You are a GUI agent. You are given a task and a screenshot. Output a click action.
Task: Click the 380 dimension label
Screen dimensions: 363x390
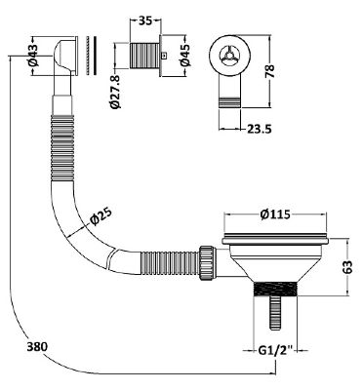pos(37,346)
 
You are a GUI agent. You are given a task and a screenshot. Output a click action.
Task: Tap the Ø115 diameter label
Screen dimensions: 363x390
pos(275,214)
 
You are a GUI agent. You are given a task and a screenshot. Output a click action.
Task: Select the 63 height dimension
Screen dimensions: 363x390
pos(347,267)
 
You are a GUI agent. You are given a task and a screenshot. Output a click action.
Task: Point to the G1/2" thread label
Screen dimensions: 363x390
pos(276,351)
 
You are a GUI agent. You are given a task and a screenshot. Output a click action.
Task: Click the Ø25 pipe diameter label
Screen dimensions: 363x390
pos(101,215)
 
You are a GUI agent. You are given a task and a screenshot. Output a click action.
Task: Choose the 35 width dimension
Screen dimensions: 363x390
pos(145,20)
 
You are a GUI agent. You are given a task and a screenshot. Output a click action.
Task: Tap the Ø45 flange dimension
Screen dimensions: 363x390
pos(185,55)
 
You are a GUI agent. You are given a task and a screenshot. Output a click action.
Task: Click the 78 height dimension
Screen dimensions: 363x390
pos(270,71)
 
